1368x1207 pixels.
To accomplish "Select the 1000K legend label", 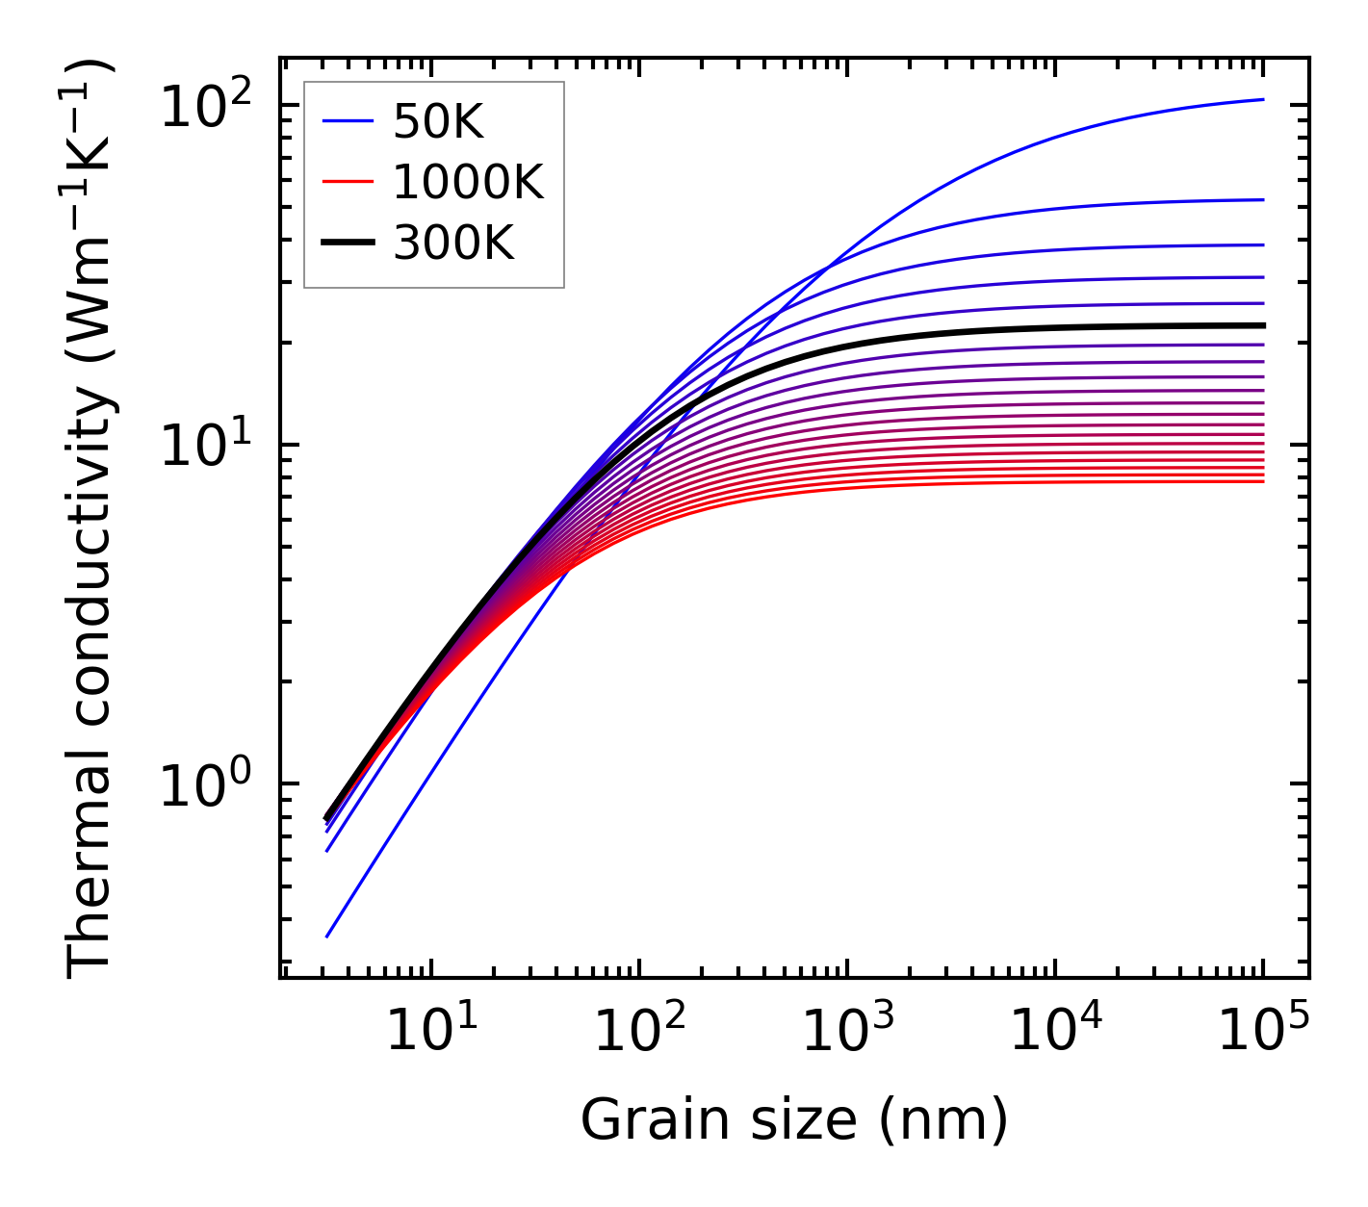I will (x=468, y=182).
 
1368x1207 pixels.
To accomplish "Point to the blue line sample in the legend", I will (x=348, y=121).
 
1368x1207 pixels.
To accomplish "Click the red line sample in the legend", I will (x=348, y=182).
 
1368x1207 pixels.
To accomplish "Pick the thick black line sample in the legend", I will (x=348, y=244).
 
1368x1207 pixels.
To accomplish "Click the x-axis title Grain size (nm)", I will (x=794, y=1120).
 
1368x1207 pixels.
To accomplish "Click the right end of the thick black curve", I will (x=1262, y=325).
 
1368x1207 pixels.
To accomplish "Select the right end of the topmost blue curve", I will (x=1262, y=99).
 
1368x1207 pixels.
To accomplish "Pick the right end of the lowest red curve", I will (x=1262, y=480).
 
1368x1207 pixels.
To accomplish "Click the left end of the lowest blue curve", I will (x=327, y=936).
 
